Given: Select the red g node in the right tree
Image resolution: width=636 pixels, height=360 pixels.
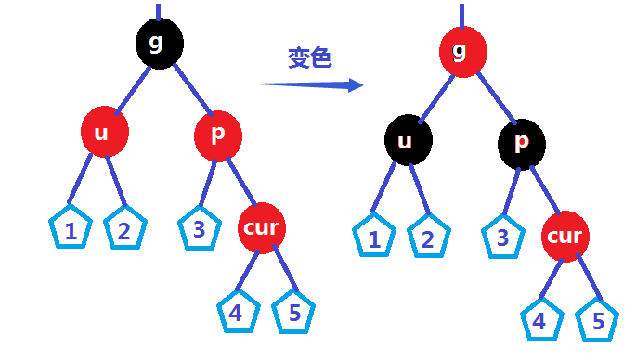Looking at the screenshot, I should pyautogui.click(x=462, y=50).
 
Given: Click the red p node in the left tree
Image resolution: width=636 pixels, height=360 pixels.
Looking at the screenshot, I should pyautogui.click(x=218, y=135).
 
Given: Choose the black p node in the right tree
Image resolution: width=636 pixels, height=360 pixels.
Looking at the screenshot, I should pyautogui.click(x=522, y=142).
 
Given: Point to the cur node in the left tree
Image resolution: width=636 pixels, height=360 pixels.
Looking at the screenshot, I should pyautogui.click(x=262, y=227).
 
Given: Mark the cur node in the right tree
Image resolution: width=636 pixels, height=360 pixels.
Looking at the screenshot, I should pyautogui.click(x=565, y=236).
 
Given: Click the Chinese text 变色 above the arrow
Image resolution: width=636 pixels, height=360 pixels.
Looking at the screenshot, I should pyautogui.click(x=310, y=58).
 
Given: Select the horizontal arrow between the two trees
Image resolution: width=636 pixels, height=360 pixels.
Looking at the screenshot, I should pyautogui.click(x=310, y=85).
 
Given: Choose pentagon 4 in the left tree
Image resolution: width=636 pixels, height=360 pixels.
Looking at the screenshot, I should pyautogui.click(x=238, y=313).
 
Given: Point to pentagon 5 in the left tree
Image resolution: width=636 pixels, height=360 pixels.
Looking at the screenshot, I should pyautogui.click(x=294, y=313).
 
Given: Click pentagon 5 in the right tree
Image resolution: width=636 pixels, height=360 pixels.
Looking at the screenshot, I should pyautogui.click(x=597, y=321).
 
